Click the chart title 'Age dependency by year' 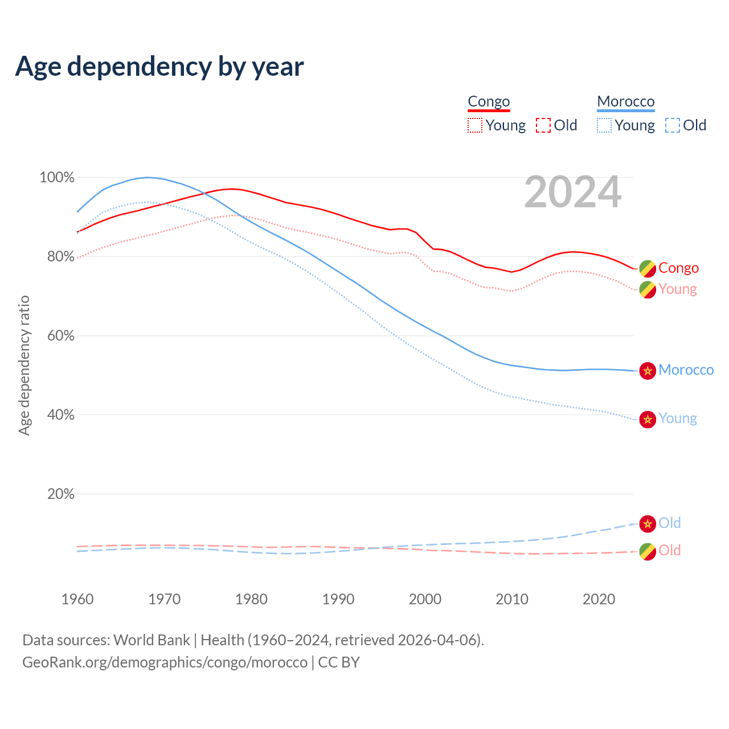tap(159, 67)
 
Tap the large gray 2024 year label tap(572, 193)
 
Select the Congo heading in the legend tap(489, 102)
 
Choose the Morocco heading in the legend tap(626, 102)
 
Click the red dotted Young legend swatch tap(474, 125)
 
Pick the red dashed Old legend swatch tap(543, 125)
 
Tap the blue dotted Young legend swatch tap(604, 125)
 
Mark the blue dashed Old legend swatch tap(673, 125)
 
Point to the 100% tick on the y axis tap(57, 178)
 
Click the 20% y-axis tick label tap(61, 494)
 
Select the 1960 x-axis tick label tap(77, 599)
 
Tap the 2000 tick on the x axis tap(425, 599)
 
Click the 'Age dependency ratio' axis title tap(24, 365)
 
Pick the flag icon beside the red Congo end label tap(648, 268)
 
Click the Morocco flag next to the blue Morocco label tap(648, 371)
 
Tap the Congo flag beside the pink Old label tap(648, 551)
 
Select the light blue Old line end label tap(670, 523)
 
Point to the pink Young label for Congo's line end tap(678, 289)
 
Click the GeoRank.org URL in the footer tap(165, 662)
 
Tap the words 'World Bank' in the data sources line tap(151, 640)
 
